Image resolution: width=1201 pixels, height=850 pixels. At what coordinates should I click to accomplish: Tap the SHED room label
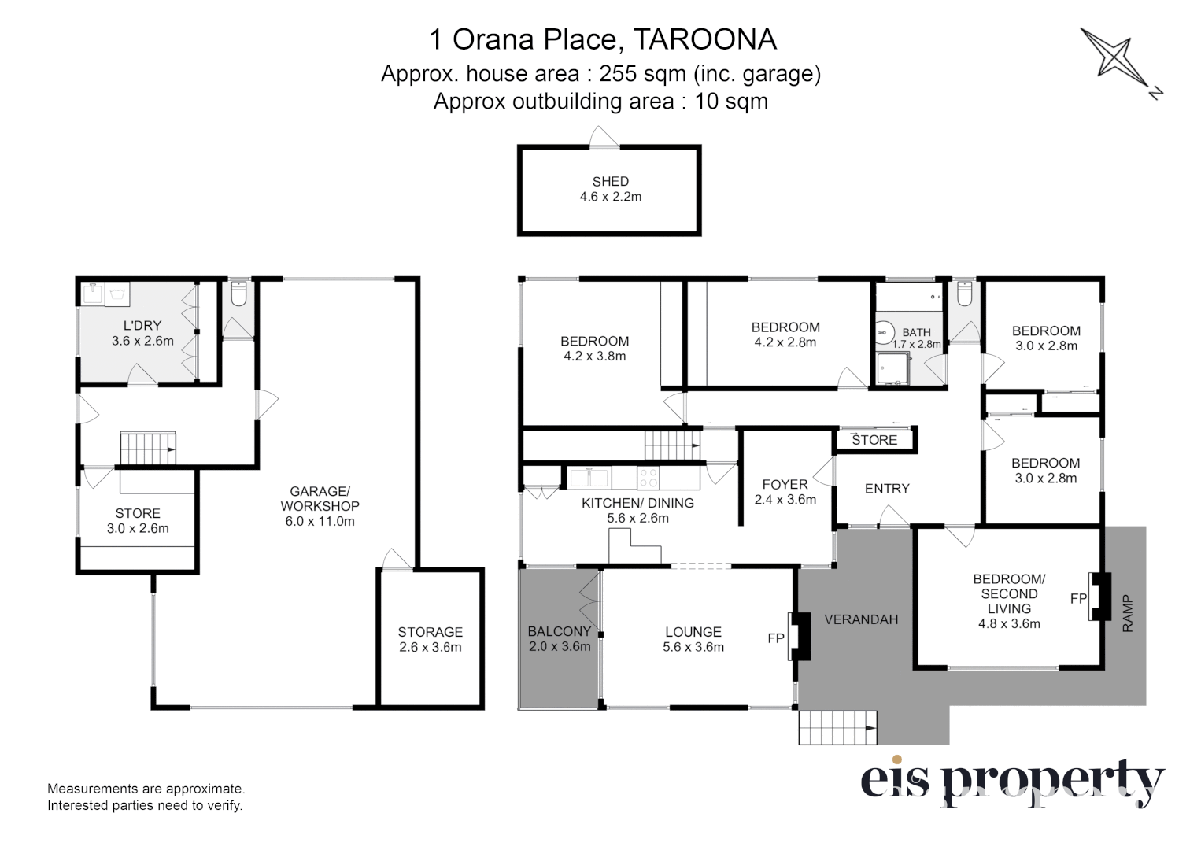[610, 182]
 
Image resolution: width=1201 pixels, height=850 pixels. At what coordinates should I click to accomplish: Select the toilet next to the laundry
[239, 295]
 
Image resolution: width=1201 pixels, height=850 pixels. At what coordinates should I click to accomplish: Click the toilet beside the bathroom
[966, 295]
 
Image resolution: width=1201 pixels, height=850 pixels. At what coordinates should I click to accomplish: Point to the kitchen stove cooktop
[648, 477]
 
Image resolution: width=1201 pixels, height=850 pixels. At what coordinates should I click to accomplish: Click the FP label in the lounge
[776, 638]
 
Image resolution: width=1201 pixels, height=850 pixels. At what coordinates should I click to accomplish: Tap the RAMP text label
[1128, 615]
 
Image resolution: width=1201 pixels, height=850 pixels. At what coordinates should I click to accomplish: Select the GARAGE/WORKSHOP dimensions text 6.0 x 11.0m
[320, 521]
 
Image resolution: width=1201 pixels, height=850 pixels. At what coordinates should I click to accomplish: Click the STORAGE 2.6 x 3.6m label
[430, 640]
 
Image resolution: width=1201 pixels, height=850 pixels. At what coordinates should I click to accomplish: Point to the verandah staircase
[837, 728]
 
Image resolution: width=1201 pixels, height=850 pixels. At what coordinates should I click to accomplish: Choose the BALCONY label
[559, 631]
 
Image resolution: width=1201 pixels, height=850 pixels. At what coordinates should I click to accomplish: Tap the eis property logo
[1011, 781]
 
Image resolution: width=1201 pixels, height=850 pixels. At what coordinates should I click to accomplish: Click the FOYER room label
[785, 485]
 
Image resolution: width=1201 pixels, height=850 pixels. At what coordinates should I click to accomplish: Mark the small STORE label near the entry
[874, 440]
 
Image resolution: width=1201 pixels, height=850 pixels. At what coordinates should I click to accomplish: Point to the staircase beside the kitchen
[672, 445]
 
